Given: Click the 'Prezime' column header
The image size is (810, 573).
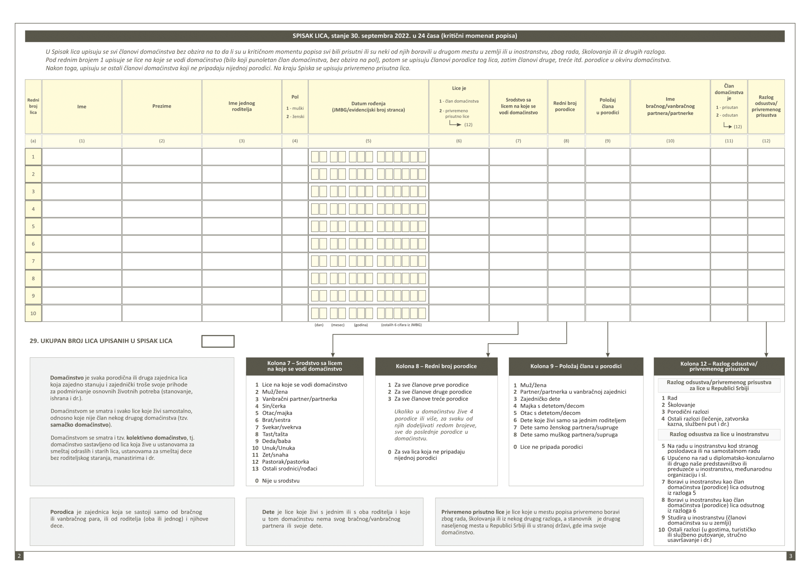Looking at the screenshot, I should (x=162, y=106).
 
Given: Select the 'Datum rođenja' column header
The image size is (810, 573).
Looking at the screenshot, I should (x=368, y=106).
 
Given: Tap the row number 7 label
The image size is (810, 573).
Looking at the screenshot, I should (x=33, y=261).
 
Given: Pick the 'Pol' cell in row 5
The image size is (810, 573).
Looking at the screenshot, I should (x=295, y=226).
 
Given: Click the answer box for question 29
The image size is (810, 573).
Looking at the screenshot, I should (x=218, y=341).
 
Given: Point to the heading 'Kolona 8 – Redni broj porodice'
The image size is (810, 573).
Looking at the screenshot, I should (x=436, y=366).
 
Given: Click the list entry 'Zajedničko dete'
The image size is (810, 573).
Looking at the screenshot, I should (x=540, y=399).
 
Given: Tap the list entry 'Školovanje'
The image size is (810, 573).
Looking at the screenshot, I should (x=681, y=405).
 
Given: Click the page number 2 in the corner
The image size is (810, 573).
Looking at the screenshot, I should (x=19, y=556).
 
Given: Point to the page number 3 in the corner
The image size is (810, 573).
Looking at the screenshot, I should (x=790, y=556).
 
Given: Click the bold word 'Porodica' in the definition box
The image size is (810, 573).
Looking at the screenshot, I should (x=62, y=512).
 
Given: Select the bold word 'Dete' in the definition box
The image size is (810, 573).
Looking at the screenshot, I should (x=268, y=512).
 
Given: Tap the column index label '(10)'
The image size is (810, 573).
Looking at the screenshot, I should (x=670, y=141).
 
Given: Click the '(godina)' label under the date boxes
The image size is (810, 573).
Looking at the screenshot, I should (x=361, y=325).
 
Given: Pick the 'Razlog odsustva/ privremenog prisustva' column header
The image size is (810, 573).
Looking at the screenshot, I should (x=766, y=106).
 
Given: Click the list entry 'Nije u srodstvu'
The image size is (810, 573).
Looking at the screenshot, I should (x=280, y=481).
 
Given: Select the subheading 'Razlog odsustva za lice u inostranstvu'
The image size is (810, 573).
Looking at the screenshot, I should (x=719, y=434).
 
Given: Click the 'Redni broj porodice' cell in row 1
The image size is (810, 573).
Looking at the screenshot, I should (x=566, y=157).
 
